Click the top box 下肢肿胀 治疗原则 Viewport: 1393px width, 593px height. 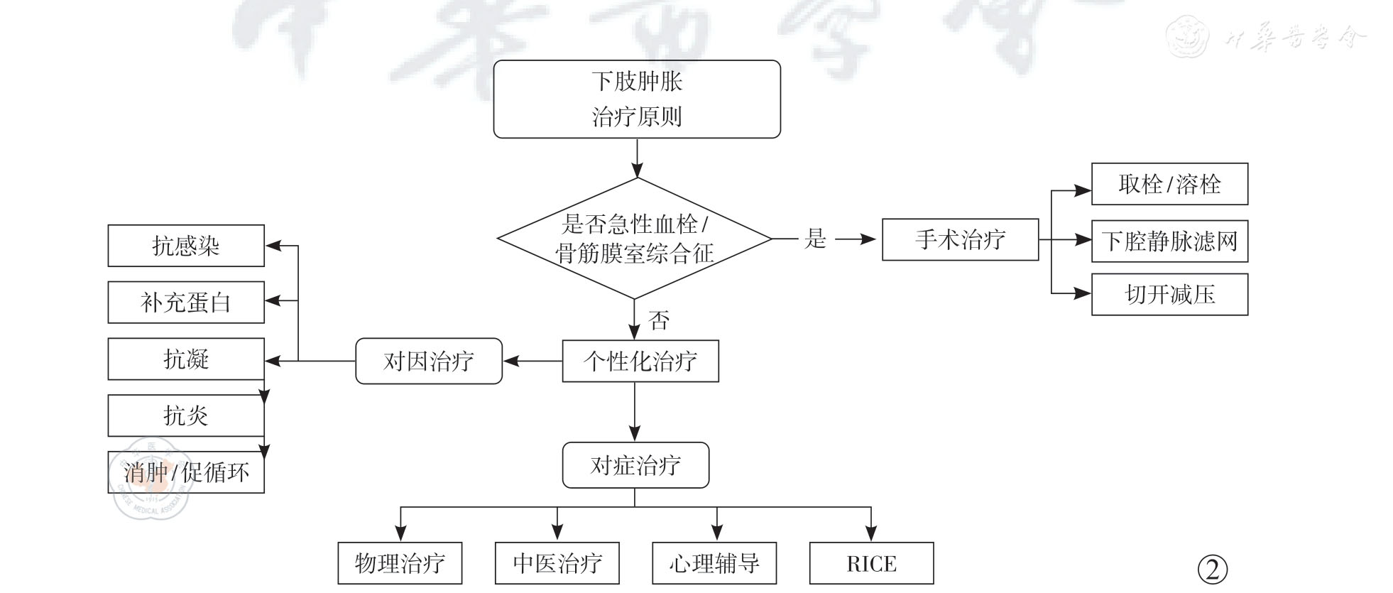(637, 99)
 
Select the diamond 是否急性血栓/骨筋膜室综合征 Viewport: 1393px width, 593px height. (635, 239)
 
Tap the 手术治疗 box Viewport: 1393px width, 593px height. (960, 240)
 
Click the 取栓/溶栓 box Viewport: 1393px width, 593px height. (1169, 184)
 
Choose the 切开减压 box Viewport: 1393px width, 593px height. (1169, 295)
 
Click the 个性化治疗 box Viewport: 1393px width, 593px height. (640, 361)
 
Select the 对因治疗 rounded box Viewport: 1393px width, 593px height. (429, 361)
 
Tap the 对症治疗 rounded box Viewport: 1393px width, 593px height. (635, 465)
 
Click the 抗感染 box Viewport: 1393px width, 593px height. (186, 246)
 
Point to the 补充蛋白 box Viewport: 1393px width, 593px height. (186, 303)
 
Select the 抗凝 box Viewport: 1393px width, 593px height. (186, 359)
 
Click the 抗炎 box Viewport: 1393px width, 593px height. (186, 415)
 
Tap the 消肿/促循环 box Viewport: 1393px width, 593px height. (186, 472)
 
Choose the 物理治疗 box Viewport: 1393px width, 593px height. (400, 563)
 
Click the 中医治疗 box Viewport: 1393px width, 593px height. (557, 563)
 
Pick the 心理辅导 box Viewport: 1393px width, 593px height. (714, 563)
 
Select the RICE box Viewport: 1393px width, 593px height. (871, 563)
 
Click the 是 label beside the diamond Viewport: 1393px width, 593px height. (815, 239)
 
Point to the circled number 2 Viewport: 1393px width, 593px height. (1212, 569)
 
